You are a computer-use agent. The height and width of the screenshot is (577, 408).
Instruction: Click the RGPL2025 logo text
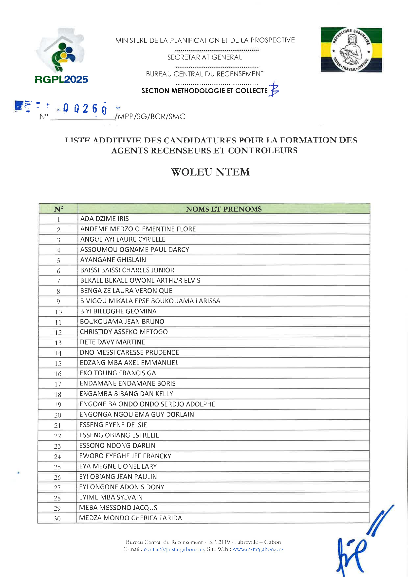61,79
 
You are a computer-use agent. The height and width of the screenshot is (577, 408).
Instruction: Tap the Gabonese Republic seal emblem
351,50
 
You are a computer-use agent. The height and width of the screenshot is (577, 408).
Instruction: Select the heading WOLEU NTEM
210,172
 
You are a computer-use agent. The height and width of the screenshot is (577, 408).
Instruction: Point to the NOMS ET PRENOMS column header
223,209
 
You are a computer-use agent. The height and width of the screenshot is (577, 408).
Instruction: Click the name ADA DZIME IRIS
105,219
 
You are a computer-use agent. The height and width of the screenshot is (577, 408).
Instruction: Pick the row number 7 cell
58,281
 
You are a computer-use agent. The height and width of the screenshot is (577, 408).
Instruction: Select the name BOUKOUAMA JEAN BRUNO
122,321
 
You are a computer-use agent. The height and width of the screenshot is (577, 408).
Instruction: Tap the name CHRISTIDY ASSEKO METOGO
124,332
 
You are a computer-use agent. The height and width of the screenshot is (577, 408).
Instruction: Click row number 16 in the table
58,374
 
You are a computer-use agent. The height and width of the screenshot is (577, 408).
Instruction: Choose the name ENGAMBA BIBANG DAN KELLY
126,394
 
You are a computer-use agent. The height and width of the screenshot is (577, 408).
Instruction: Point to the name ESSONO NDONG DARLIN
117,445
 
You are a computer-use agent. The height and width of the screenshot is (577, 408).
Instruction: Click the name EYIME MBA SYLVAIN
111,497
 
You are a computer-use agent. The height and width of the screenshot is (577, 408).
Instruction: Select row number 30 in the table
57,519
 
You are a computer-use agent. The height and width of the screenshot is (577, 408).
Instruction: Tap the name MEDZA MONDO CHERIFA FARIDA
130,518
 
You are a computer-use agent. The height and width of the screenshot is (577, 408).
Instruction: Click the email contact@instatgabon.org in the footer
174,549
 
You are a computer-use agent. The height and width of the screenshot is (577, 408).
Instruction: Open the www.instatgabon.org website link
258,549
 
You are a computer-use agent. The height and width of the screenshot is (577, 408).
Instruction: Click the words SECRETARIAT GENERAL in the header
204,57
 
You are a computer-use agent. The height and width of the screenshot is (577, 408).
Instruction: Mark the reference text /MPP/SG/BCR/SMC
150,116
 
